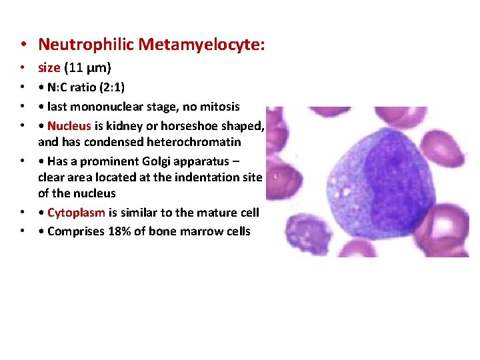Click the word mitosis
tap(219, 107)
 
